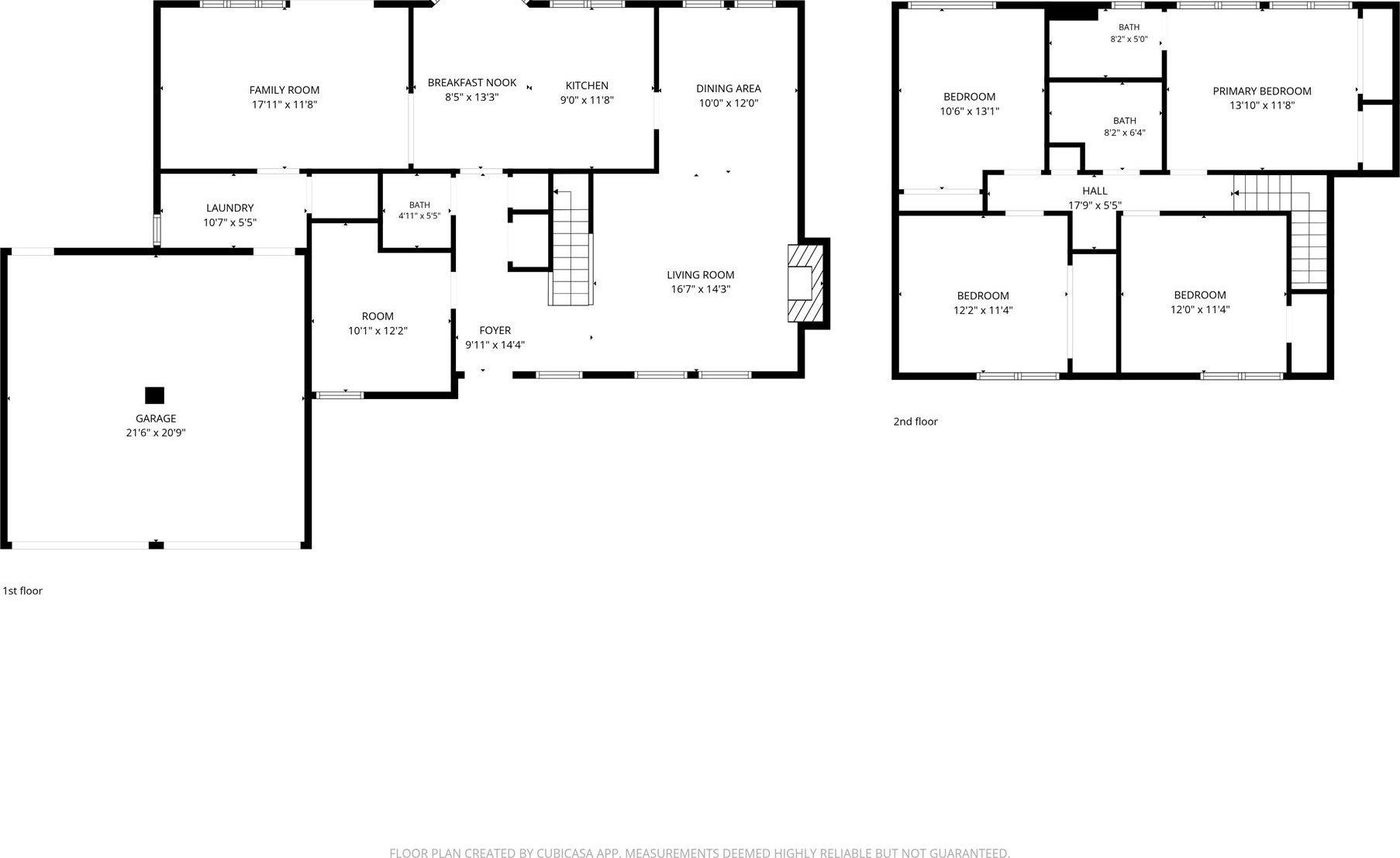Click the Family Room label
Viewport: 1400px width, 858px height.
(x=284, y=90)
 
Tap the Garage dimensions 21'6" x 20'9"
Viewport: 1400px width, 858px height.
(x=156, y=432)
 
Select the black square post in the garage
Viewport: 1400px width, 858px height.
(x=155, y=395)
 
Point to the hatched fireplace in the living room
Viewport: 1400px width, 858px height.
(x=805, y=284)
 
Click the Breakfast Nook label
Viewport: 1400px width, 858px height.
(x=472, y=83)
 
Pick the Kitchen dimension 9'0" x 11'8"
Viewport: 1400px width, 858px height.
(x=587, y=100)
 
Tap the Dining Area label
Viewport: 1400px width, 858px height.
(x=729, y=88)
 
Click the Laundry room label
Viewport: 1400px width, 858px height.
(x=230, y=208)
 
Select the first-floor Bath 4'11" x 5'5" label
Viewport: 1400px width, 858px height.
(x=419, y=210)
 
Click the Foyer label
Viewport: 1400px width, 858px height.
(x=495, y=330)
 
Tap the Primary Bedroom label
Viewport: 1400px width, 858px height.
(x=1262, y=91)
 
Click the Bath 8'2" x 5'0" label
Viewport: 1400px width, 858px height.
(x=1129, y=33)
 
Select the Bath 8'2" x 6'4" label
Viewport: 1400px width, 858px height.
(x=1125, y=126)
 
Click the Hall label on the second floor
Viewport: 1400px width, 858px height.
(x=1095, y=191)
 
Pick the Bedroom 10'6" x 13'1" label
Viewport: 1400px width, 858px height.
(x=970, y=104)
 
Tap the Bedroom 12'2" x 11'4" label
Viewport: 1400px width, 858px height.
(x=983, y=303)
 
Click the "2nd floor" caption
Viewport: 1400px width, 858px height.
(x=916, y=422)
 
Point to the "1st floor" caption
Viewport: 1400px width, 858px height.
(x=22, y=591)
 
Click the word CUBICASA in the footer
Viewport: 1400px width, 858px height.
(x=566, y=853)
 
